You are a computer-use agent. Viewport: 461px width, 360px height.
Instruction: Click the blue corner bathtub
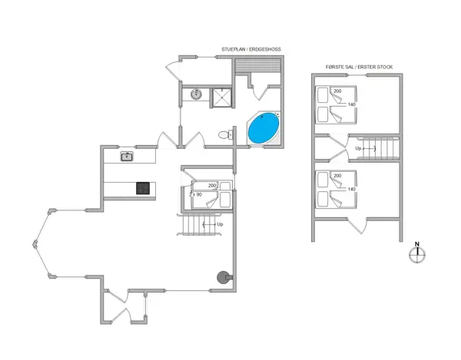[x=264, y=128]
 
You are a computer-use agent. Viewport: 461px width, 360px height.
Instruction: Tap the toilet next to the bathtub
[x=224, y=134]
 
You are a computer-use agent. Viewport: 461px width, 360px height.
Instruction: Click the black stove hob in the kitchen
[x=143, y=187]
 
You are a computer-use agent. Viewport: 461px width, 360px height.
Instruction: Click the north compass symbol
[x=417, y=255]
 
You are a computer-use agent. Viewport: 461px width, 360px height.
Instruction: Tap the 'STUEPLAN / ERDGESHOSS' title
[x=251, y=48]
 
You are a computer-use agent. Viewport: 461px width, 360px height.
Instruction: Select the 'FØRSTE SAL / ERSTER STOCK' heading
[x=360, y=68]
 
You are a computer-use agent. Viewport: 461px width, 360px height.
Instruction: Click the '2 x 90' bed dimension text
[x=196, y=194]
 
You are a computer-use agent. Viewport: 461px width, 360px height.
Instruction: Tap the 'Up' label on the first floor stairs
[x=358, y=149]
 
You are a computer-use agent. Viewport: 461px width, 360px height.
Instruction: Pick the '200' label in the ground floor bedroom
[x=213, y=186]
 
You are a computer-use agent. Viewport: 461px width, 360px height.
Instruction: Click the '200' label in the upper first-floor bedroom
[x=337, y=91]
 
